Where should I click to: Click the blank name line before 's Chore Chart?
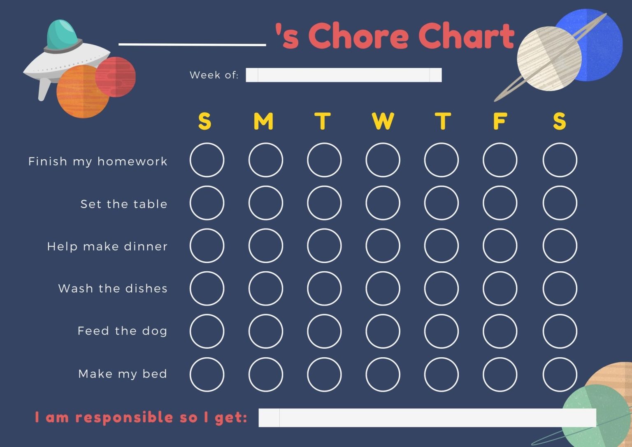[192, 44]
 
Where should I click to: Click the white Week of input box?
[344, 75]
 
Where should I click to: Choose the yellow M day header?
[263, 121]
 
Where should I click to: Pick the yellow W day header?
[383, 121]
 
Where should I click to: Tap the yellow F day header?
[500, 121]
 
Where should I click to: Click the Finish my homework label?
[98, 161]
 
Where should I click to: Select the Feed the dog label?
[122, 331]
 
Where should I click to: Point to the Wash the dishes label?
[113, 288]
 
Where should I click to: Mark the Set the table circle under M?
[266, 203]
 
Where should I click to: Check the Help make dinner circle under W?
[383, 246]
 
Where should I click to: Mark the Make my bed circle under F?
[500, 374]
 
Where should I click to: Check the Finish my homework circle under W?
[383, 160]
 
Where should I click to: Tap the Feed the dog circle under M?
[266, 331]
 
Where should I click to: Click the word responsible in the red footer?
[124, 418]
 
